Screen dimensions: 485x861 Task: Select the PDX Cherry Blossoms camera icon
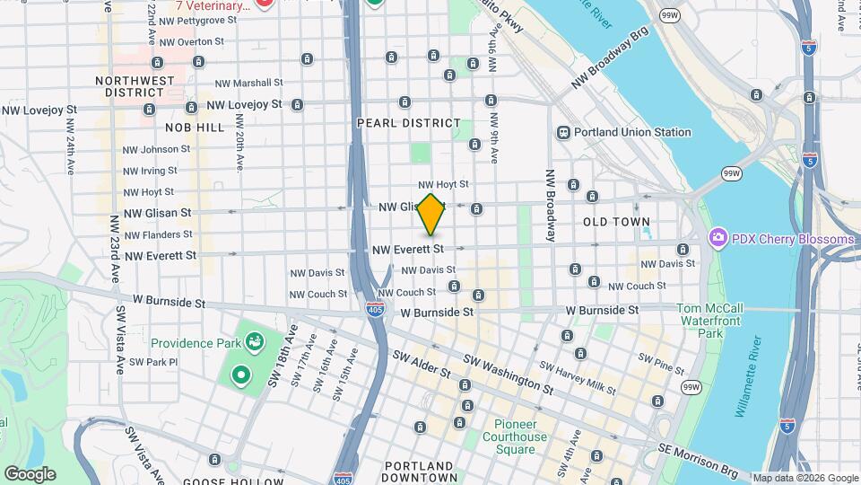click(x=717, y=239)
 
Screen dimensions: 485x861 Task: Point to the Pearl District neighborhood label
click(x=408, y=123)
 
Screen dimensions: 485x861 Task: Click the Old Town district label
click(x=616, y=222)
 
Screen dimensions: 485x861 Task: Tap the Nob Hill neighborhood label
click(x=195, y=128)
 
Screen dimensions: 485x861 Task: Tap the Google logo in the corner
click(x=30, y=473)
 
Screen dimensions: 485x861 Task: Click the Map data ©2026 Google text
click(x=804, y=478)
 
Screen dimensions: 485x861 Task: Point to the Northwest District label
click(x=135, y=86)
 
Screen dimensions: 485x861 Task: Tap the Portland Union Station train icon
click(x=564, y=133)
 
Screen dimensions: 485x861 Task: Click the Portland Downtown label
click(x=418, y=472)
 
